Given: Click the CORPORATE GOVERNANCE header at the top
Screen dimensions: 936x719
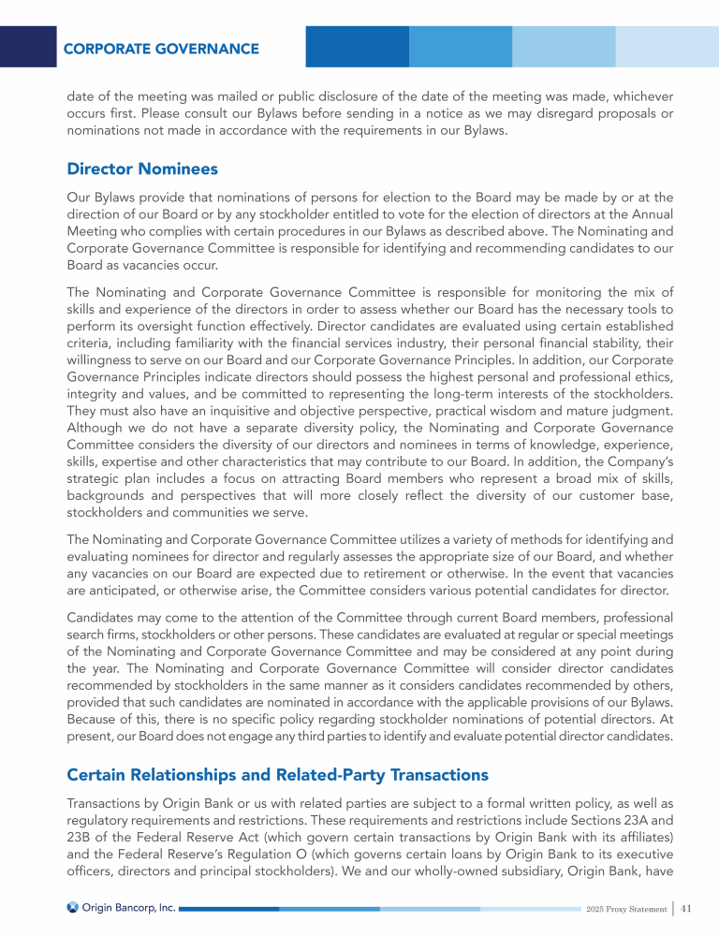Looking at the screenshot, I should [x=161, y=48].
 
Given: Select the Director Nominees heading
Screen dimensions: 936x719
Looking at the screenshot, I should [x=142, y=169].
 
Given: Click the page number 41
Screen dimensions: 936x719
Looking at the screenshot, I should [x=686, y=907].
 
